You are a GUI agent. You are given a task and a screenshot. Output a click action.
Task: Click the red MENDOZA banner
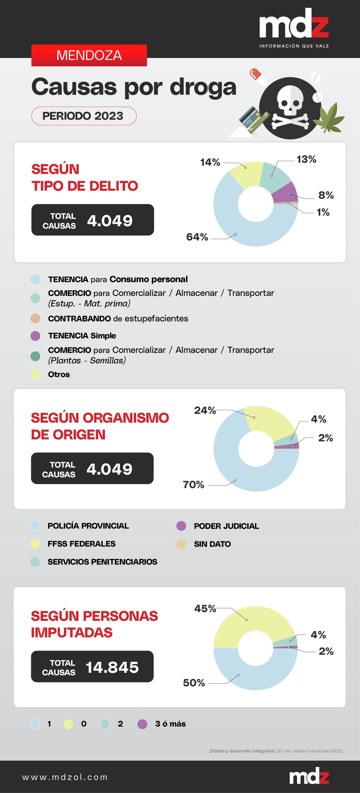[x=89, y=55]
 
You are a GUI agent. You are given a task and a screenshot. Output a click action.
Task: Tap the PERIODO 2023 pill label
[x=83, y=116]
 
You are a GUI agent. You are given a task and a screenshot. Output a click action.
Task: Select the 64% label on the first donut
[x=197, y=237]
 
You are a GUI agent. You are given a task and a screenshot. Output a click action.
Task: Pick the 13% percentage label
[x=306, y=159]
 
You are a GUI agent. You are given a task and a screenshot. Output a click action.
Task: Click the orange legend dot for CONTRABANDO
[x=35, y=318]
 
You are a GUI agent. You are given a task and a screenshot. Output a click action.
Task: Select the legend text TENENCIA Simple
[x=82, y=336]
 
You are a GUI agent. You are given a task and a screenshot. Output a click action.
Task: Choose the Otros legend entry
[x=59, y=374]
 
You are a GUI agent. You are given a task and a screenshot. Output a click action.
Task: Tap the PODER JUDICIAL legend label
[x=226, y=526]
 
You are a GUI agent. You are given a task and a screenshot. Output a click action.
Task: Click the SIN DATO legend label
[x=212, y=544]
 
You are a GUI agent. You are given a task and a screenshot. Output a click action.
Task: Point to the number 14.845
[x=112, y=667]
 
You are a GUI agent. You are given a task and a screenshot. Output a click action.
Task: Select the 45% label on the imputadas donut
[x=205, y=609]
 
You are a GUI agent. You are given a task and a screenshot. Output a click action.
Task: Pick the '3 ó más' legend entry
[x=170, y=724]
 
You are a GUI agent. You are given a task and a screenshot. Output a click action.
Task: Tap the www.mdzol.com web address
[x=65, y=777]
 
